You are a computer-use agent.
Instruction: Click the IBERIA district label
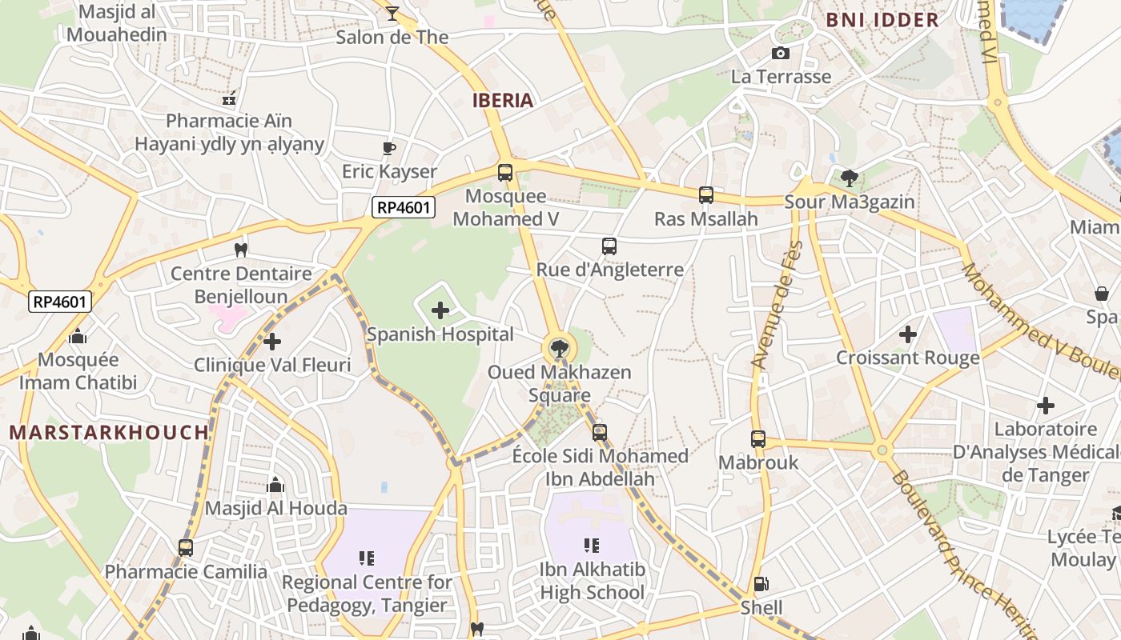coord(503,100)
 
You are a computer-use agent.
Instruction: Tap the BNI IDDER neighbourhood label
coord(882,20)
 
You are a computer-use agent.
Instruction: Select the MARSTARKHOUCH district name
coord(109,433)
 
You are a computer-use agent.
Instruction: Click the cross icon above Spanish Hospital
coord(440,310)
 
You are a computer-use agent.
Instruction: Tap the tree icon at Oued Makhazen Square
coord(559,348)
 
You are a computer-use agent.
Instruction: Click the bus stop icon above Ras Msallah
coord(705,195)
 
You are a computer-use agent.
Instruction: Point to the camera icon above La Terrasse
coord(780,54)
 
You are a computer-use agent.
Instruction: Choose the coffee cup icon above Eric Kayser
coord(389,148)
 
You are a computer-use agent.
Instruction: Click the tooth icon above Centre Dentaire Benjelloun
coord(240,250)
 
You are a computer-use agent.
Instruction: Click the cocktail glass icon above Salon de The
coord(392,13)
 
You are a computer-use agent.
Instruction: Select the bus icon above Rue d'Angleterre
coord(609,246)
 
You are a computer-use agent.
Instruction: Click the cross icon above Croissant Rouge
coord(908,334)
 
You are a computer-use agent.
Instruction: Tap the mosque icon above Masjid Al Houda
coord(275,485)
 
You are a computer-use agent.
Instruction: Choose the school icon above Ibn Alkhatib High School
coord(592,546)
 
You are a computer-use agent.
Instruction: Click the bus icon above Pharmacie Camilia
coord(186,548)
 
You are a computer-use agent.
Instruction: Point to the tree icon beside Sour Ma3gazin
coord(850,178)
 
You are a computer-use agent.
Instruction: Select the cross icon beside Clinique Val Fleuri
coord(272,342)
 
